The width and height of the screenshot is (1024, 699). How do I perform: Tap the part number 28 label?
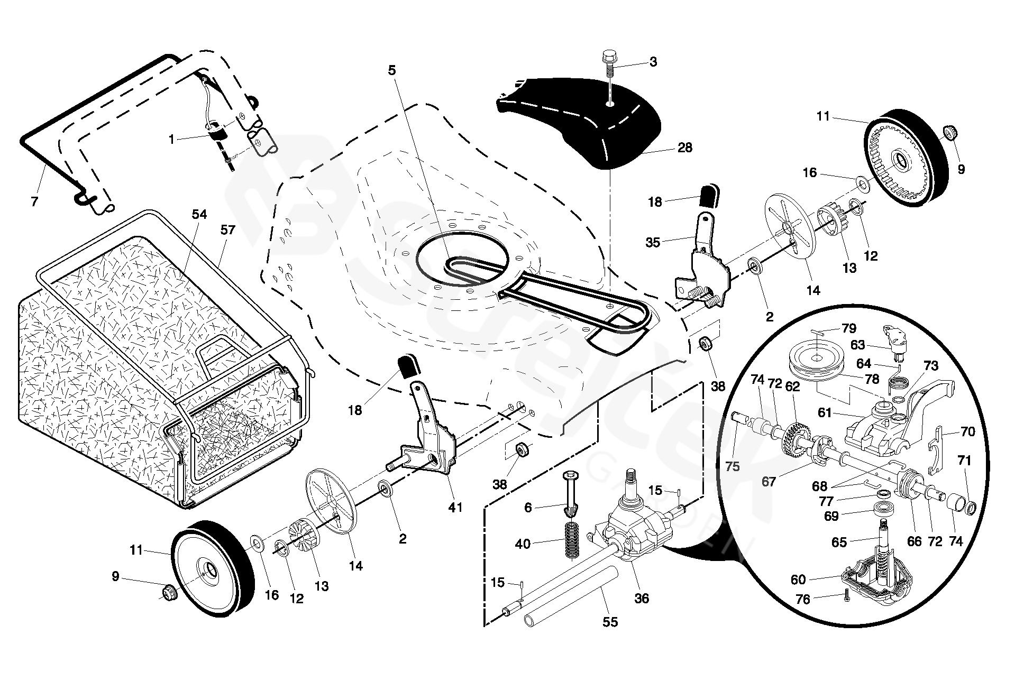tap(684, 148)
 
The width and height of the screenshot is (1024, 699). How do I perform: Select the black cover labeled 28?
tap(579, 122)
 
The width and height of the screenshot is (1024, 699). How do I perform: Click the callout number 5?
tap(392, 70)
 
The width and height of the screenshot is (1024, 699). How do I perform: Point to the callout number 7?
tap(34, 201)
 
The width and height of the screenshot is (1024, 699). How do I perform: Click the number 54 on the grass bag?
tap(199, 214)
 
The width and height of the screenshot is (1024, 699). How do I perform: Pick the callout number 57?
tap(228, 229)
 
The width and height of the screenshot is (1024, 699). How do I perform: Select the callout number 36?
tap(642, 598)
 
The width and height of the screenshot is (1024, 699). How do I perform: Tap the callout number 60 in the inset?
tap(798, 580)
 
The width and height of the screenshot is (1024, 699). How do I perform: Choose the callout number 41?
tap(455, 507)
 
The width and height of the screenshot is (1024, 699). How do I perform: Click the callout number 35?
tap(653, 242)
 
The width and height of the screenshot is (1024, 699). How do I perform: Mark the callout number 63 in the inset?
tap(857, 345)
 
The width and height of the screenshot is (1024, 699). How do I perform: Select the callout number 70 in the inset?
tap(967, 431)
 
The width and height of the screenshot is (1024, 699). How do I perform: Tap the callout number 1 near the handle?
tap(171, 139)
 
